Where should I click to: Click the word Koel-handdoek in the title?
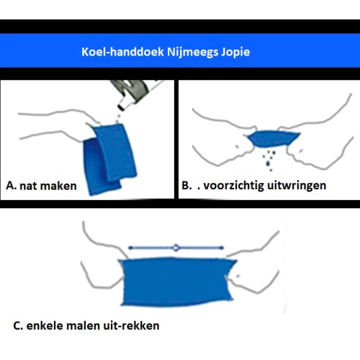122,52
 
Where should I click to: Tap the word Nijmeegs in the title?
193,53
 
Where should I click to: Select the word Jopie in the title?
235,53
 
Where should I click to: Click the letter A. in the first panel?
12,185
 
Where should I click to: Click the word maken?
57,186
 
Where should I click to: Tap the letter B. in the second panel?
186,185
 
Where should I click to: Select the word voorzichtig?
233,186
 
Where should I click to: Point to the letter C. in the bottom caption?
18,326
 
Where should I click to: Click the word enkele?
45,325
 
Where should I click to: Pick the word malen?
84,325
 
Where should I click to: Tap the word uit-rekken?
131,325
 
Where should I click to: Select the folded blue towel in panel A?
109,158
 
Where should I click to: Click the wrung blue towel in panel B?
273,138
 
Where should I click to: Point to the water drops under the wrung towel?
269,161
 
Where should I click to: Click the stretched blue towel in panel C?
177,282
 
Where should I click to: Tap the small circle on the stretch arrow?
176,248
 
